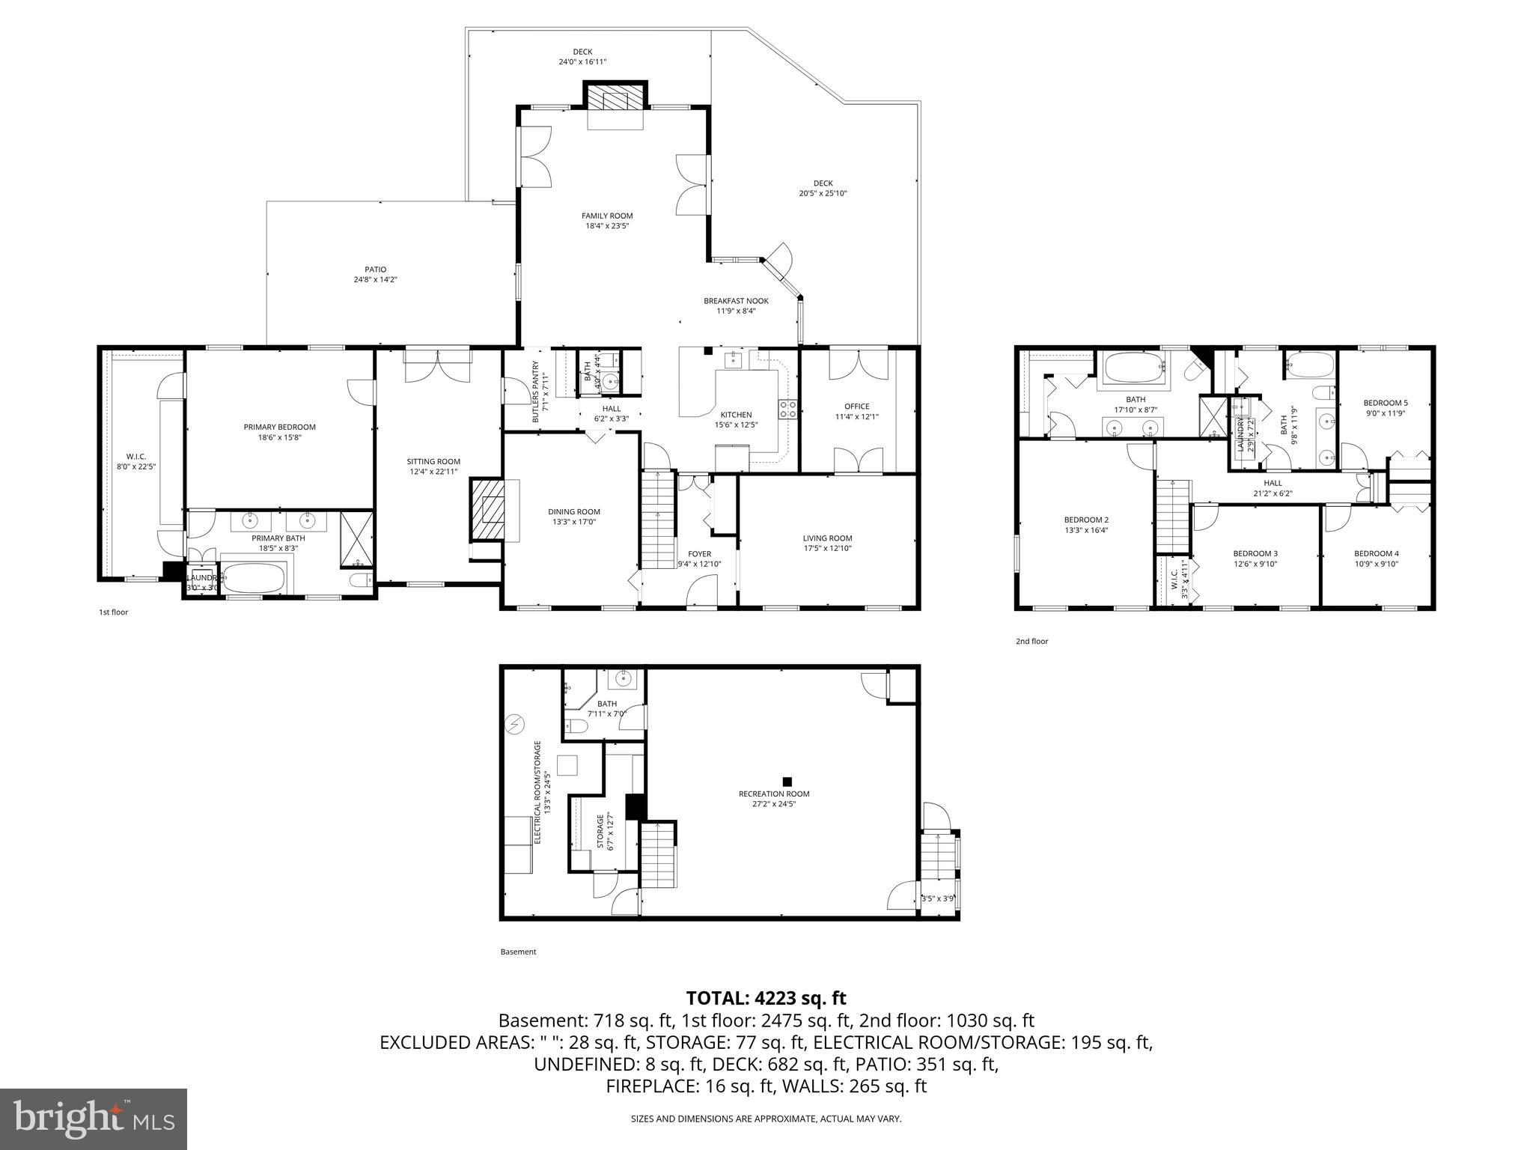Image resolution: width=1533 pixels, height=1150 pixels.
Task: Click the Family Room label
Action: [x=606, y=216]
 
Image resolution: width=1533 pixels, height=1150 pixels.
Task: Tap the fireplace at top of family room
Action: [x=615, y=97]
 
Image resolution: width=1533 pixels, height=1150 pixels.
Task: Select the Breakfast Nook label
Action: [x=735, y=301]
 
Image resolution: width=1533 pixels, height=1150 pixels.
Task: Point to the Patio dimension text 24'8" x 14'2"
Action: [x=375, y=280]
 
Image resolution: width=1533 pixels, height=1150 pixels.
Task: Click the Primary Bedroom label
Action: [x=279, y=427]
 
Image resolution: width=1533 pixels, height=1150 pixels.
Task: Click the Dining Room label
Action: [x=573, y=512]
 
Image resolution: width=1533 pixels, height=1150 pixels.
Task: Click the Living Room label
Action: [x=827, y=538]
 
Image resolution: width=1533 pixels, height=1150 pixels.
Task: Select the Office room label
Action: [x=856, y=407]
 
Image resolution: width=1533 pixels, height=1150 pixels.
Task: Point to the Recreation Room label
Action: [x=773, y=794]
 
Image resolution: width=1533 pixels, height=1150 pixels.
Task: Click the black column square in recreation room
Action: [x=787, y=782]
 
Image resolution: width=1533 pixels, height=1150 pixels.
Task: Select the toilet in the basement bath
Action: [x=576, y=725]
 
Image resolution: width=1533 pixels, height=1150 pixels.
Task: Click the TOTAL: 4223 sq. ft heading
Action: [x=766, y=998]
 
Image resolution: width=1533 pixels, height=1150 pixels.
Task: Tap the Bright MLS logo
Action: [x=94, y=1119]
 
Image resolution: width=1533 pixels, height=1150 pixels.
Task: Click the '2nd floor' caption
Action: [x=1031, y=641]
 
